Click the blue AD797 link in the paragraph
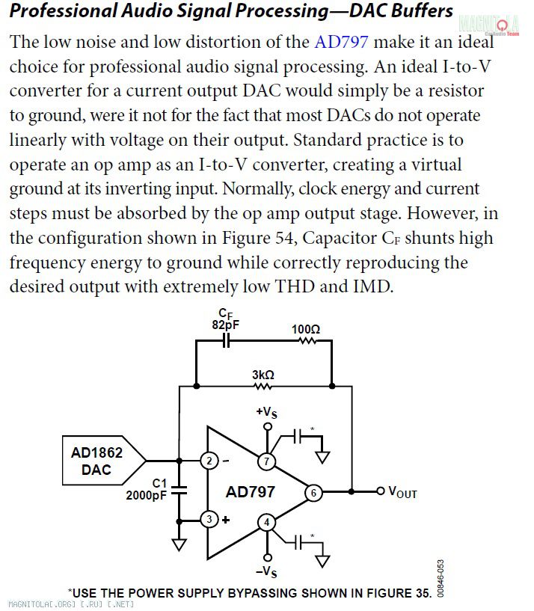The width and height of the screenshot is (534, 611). tap(341, 42)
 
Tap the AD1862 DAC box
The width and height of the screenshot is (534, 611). tap(104, 461)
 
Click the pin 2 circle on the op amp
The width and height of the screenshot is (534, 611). tap(209, 461)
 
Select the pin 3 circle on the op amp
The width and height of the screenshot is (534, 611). tap(209, 520)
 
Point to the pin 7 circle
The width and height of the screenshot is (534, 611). tap(266, 461)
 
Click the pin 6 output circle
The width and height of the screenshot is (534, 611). tap(314, 493)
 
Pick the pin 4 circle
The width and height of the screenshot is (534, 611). tap(266, 523)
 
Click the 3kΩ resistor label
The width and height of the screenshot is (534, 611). tap(263, 375)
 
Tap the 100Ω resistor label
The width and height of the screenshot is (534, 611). tap(306, 330)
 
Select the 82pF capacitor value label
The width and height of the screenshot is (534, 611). tap(226, 325)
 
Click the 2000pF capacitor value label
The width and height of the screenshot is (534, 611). tap(146, 495)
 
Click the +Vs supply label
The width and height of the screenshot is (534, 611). tap(266, 412)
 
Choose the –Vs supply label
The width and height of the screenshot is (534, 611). tap(266, 571)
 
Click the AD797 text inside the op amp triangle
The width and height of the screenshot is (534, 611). tap(251, 492)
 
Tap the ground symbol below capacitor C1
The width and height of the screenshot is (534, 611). tap(179, 544)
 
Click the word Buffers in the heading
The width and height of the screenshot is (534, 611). tap(422, 11)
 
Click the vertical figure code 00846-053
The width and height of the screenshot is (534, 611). tap(440, 579)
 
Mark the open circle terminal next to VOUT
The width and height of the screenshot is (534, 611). tap(381, 491)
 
